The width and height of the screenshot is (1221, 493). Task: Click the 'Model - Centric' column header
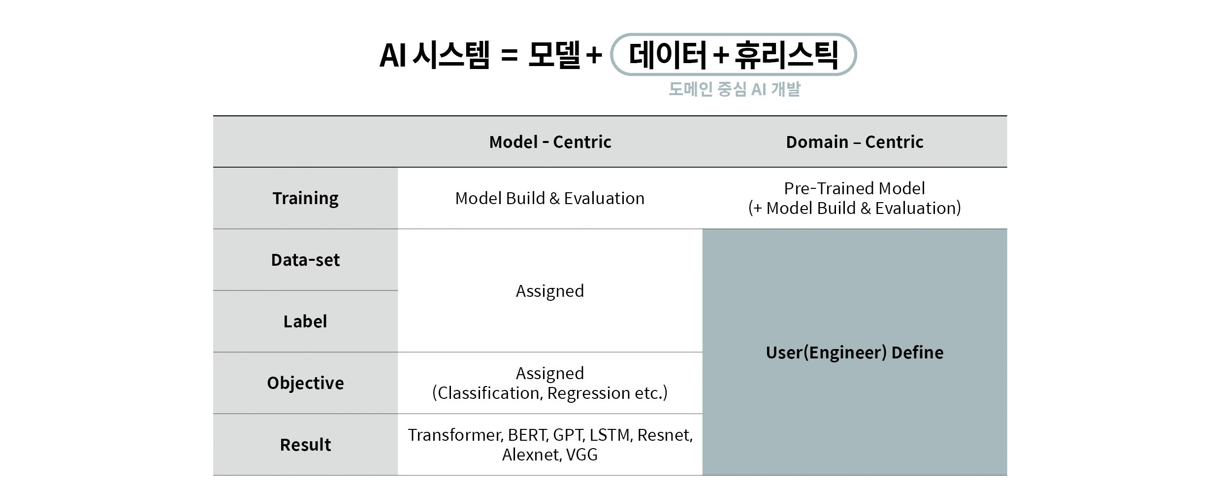pyautogui.click(x=550, y=142)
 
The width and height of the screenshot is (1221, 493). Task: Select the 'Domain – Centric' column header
pyautogui.click(x=854, y=142)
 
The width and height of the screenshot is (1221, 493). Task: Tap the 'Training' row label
pyautogui.click(x=305, y=198)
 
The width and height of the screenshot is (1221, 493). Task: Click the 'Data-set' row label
pyautogui.click(x=305, y=260)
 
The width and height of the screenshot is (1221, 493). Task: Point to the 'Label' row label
pyautogui.click(x=305, y=321)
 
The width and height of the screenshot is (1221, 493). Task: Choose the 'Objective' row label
pyautogui.click(x=305, y=383)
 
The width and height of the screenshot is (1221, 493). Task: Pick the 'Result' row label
pyautogui.click(x=305, y=445)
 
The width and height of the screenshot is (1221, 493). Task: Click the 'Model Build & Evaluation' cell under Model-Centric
pyautogui.click(x=550, y=198)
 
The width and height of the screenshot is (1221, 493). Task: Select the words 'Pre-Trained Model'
pyautogui.click(x=854, y=188)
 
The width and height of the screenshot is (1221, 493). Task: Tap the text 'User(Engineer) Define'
pyautogui.click(x=854, y=352)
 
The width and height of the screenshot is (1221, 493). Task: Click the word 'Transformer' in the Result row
pyautogui.click(x=454, y=435)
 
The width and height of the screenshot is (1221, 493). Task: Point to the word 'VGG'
pyautogui.click(x=582, y=455)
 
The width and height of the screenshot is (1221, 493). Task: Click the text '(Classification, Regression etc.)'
pyautogui.click(x=550, y=393)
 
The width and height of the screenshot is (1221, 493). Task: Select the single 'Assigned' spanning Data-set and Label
pyautogui.click(x=550, y=291)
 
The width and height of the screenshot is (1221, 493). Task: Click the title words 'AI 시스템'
pyautogui.click(x=434, y=54)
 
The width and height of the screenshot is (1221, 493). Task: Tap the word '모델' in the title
pyautogui.click(x=554, y=54)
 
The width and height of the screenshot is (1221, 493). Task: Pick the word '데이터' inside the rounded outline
pyautogui.click(x=668, y=54)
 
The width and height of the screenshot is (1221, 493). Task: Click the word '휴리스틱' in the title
pyautogui.click(x=786, y=54)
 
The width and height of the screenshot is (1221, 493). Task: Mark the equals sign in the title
pyautogui.click(x=509, y=55)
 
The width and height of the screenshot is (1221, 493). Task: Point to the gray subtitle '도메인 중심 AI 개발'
pyautogui.click(x=734, y=89)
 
